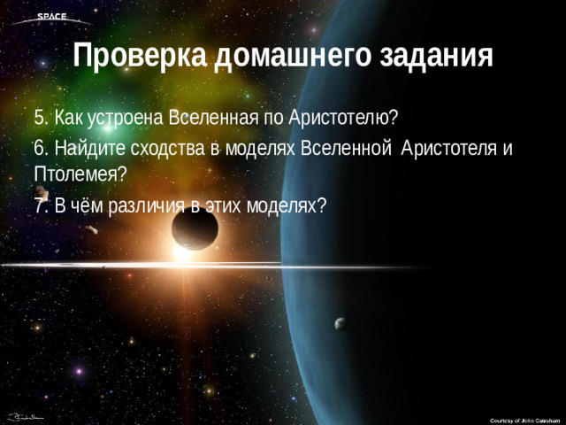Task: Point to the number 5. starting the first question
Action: (40, 118)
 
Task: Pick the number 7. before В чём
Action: (40, 205)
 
